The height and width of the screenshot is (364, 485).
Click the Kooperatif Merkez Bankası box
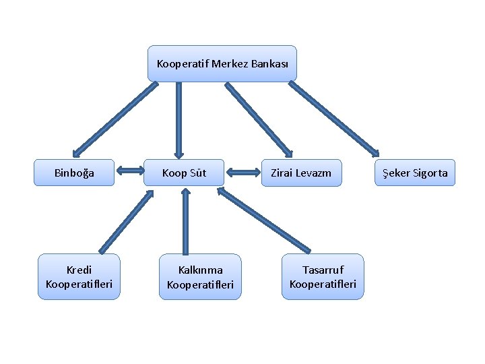click(222, 64)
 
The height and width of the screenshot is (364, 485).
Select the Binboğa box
click(74, 173)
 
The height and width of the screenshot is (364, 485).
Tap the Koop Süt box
click(184, 173)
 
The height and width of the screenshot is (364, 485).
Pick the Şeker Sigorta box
click(414, 173)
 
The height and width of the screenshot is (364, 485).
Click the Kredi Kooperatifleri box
click(79, 276)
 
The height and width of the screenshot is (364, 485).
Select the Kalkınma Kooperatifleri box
click(200, 276)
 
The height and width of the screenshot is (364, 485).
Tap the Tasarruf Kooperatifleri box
click(322, 276)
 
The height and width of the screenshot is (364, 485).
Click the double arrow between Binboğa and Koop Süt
click(130, 171)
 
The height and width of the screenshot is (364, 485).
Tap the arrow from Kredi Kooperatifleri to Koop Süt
click(126, 221)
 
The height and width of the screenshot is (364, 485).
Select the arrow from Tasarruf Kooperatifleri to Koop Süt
click(264, 219)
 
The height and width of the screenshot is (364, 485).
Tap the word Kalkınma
click(200, 270)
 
